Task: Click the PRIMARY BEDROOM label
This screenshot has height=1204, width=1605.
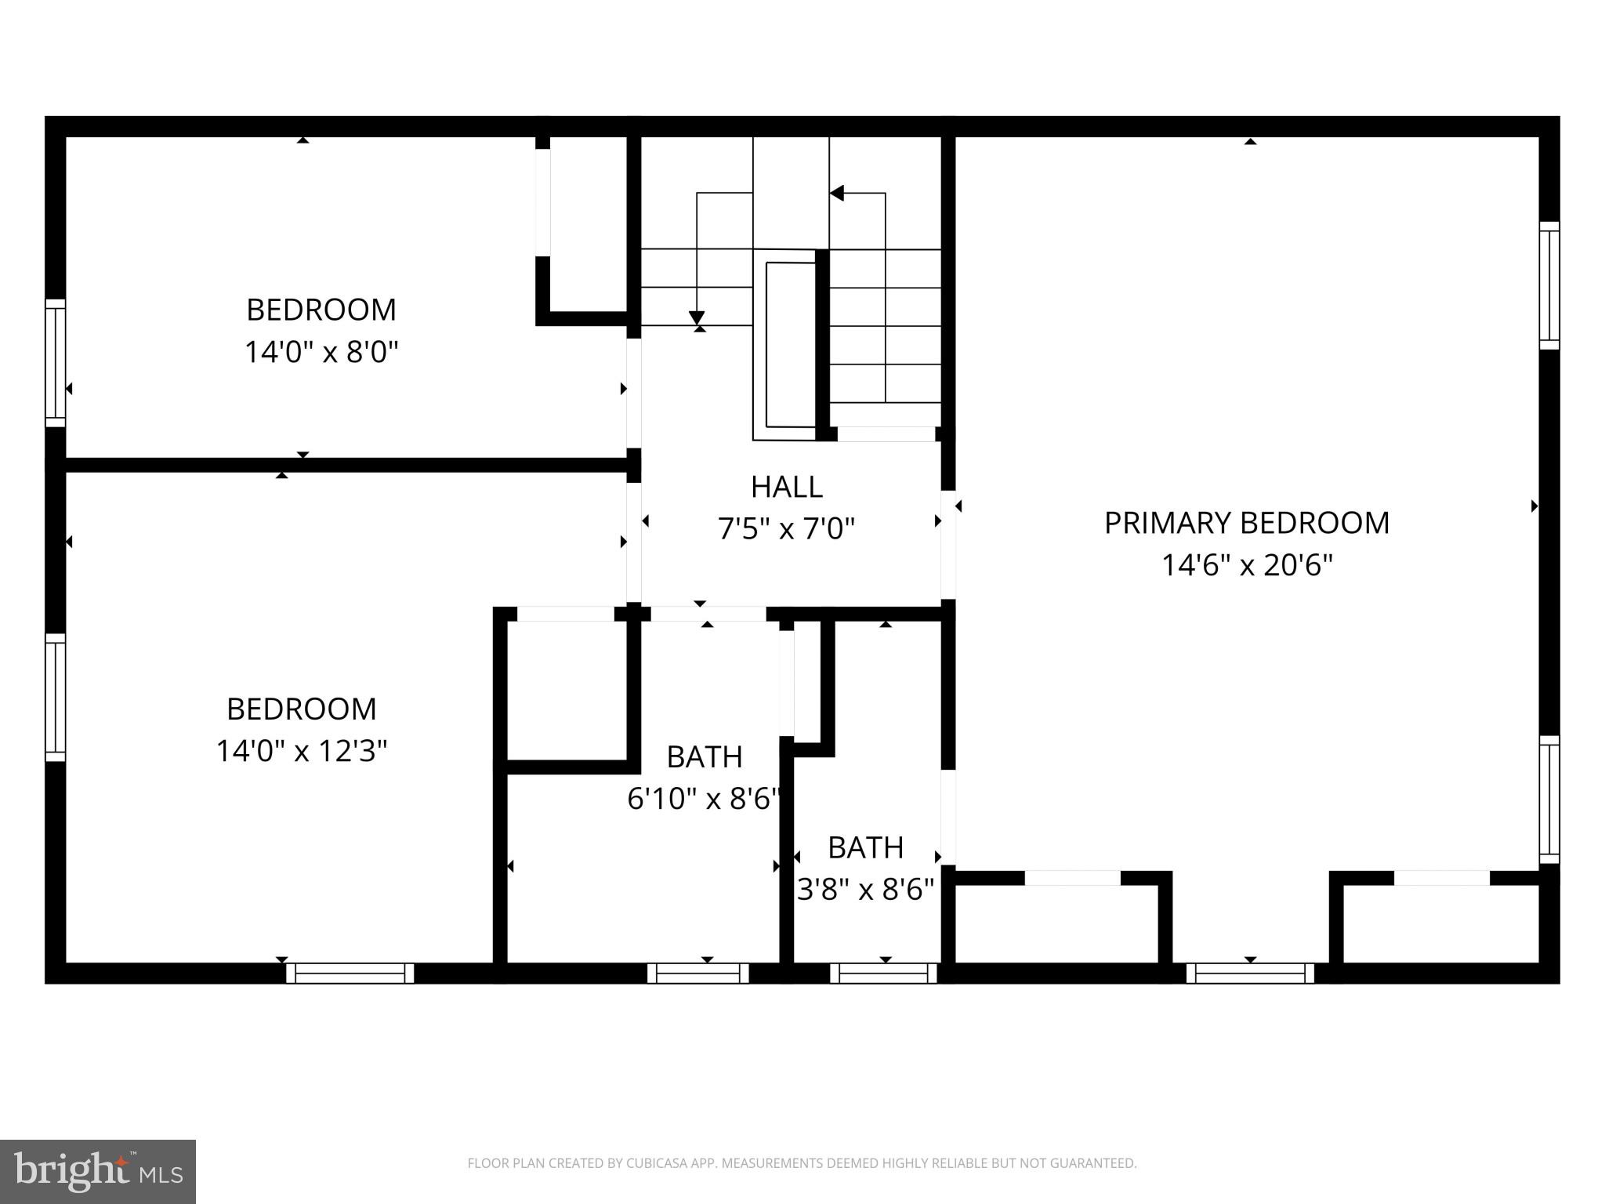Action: tap(1246, 523)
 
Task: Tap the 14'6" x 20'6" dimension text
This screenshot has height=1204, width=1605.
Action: tap(1246, 565)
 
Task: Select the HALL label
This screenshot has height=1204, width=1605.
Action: tap(786, 487)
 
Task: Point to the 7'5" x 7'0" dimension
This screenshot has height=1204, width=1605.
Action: tap(786, 529)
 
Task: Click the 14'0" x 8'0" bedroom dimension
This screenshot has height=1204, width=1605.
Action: tap(321, 352)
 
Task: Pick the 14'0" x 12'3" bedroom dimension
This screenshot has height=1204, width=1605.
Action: tap(302, 751)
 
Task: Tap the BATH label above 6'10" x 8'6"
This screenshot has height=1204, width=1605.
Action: tap(704, 756)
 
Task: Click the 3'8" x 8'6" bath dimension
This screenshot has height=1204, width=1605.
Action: tap(865, 890)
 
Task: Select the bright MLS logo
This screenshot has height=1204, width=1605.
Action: tap(97, 1171)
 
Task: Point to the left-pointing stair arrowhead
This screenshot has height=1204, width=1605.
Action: tap(837, 193)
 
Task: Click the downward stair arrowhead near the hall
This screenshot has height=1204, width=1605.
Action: tap(697, 317)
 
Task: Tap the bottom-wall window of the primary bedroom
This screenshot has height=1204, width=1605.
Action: tap(1249, 973)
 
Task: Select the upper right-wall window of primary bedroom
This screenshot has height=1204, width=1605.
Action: tap(1549, 285)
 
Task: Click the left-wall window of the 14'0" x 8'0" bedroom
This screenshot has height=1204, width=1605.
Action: tap(55, 363)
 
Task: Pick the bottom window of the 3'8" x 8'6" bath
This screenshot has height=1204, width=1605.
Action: tap(883, 973)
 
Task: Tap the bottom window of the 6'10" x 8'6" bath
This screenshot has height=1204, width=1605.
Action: tap(697, 973)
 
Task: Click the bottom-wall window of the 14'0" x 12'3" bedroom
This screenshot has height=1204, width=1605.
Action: tap(350, 973)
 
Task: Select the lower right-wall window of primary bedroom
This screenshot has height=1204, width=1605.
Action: tap(1549, 799)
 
